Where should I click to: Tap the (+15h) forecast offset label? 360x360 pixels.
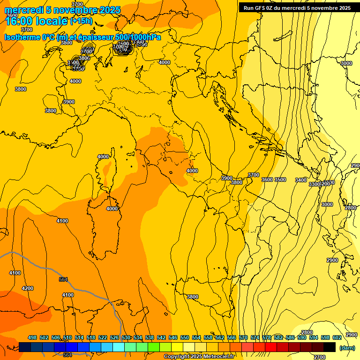click(81, 21)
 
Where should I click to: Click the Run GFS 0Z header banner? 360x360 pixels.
click(297, 8)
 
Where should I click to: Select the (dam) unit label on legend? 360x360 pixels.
click(347, 348)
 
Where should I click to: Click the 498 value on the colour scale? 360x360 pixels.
click(32, 337)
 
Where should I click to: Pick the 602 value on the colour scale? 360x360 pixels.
click(337, 337)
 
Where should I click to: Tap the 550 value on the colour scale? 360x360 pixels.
click(185, 337)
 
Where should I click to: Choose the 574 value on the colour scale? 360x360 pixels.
click(255, 337)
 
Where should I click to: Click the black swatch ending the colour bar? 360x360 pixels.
click(330, 347)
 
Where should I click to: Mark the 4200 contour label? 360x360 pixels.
click(28, 288)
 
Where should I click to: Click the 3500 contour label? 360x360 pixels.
click(280, 180)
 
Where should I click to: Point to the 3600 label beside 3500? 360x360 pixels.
click(267, 180)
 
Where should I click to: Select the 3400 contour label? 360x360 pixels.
click(301, 180)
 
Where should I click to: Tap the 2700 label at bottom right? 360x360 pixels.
click(320, 357)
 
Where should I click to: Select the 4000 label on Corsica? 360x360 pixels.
click(103, 157)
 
